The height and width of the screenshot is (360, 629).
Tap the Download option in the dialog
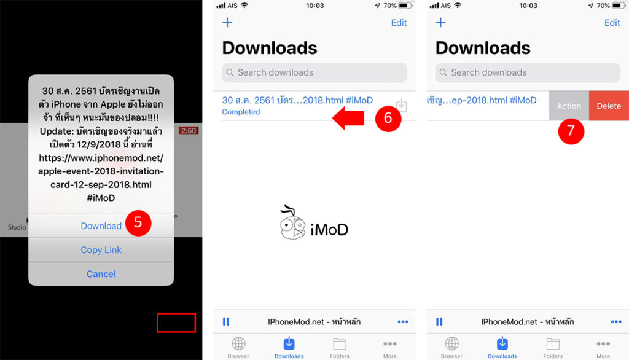click(x=101, y=226)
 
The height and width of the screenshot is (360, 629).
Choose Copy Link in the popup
click(x=101, y=250)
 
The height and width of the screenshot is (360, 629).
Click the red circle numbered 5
click(x=138, y=223)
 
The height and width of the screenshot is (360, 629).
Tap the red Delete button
click(x=608, y=106)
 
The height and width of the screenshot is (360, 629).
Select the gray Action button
click(x=569, y=106)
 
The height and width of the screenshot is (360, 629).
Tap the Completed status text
click(x=241, y=112)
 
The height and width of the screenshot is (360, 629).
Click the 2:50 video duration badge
click(x=187, y=131)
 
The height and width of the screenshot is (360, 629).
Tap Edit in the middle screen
click(x=399, y=23)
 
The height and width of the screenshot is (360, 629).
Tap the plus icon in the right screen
click(x=440, y=23)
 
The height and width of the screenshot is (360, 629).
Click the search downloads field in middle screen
click(x=314, y=72)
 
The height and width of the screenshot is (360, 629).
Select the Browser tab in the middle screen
click(x=238, y=347)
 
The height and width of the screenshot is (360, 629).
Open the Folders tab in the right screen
click(x=553, y=347)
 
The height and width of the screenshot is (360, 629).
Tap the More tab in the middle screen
click(x=390, y=347)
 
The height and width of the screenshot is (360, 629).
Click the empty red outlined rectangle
click(x=176, y=323)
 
